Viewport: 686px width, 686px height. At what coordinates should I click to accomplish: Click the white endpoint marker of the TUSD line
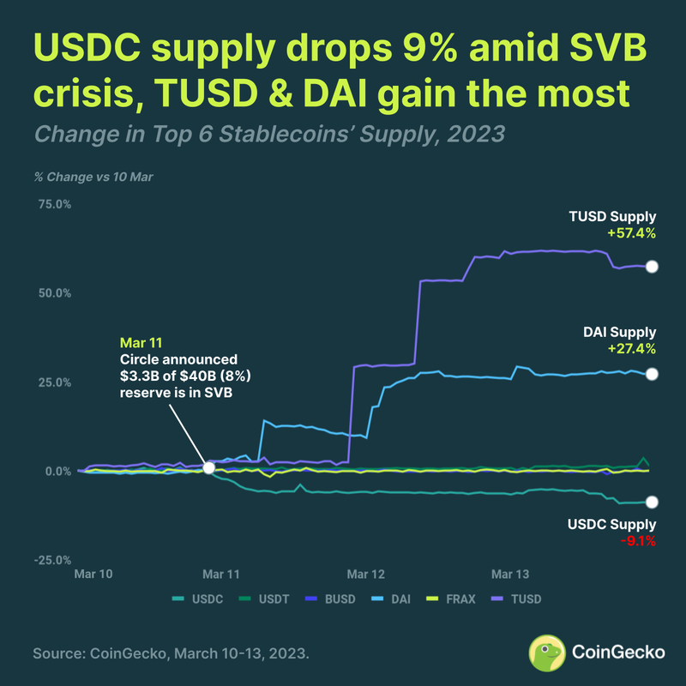652,267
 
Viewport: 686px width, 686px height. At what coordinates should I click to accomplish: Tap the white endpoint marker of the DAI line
652,374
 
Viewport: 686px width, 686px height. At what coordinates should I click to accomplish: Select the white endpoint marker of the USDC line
652,502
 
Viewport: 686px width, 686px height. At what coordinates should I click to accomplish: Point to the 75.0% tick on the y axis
52,204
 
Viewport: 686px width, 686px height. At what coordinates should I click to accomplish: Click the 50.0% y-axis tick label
52,293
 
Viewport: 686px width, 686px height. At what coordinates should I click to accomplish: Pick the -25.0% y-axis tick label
52,561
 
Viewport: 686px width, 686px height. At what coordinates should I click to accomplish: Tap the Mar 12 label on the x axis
365,574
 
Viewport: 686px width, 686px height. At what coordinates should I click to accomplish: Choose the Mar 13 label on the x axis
510,574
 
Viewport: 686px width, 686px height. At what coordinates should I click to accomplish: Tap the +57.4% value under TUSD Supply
631,232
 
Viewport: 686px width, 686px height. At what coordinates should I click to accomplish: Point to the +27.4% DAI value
631,348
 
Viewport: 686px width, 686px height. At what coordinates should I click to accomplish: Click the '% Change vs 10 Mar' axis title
93,177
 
